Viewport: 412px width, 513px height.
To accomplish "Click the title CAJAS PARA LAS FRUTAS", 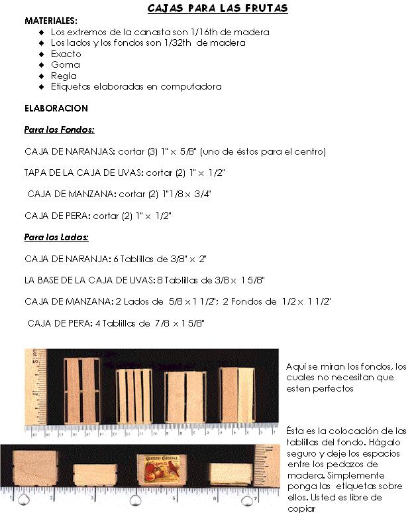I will coord(217,9).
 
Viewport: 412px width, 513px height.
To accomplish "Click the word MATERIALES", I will coord(50,21).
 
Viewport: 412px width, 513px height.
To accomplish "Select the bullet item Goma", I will coord(65,65).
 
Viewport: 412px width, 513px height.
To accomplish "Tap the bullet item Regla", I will coord(64,76).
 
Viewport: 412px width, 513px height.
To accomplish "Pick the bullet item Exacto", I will coord(66,54).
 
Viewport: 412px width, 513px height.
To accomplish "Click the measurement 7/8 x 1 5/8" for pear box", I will coord(180,323).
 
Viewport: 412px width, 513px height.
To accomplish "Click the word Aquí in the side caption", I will coord(295,366).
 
